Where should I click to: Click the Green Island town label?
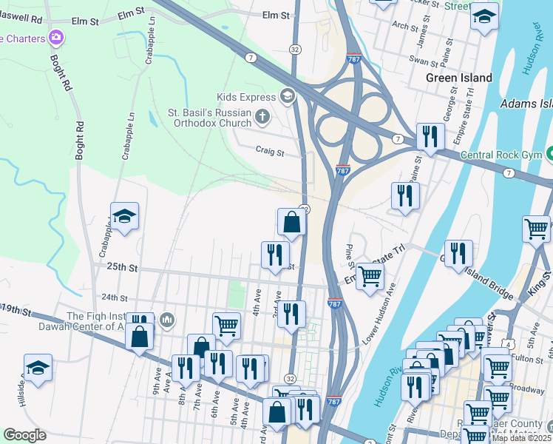pyautogui.click(x=458, y=78)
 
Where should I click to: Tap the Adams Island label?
pyautogui.click(x=526, y=104)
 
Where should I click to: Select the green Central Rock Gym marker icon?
pyautogui.click(x=549, y=155)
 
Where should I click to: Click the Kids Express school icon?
pyautogui.click(x=287, y=96)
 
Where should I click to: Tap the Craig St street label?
pyautogui.click(x=270, y=152)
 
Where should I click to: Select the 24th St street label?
pyautogui.click(x=115, y=297)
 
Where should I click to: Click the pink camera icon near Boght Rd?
pyautogui.click(x=56, y=37)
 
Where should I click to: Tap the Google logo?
pyautogui.click(x=24, y=435)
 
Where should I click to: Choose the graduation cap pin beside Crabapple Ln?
pyautogui.click(x=125, y=217)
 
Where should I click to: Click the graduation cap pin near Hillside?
pyautogui.click(x=38, y=368)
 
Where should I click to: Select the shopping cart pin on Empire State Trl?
pyautogui.click(x=370, y=277)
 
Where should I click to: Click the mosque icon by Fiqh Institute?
pyautogui.click(x=167, y=320)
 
